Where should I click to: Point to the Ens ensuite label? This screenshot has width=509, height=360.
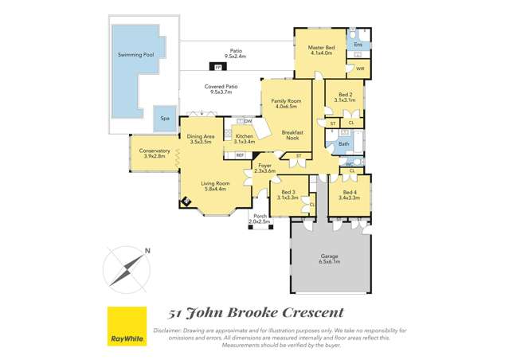coord(358,45)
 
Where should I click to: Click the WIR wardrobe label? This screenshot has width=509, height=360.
coord(360,69)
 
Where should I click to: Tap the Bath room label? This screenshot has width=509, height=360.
coord(343,144)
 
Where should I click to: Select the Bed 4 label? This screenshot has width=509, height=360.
coord(350,193)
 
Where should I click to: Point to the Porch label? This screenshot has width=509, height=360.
coord(260,216)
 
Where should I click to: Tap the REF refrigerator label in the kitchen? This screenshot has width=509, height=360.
coord(239,155)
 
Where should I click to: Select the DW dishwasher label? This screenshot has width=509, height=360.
coord(248,121)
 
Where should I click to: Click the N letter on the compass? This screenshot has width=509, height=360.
coord(147,252)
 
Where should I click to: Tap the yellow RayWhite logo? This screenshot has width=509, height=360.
coord(127,327)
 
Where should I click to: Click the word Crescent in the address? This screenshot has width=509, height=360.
coord(306,312)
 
